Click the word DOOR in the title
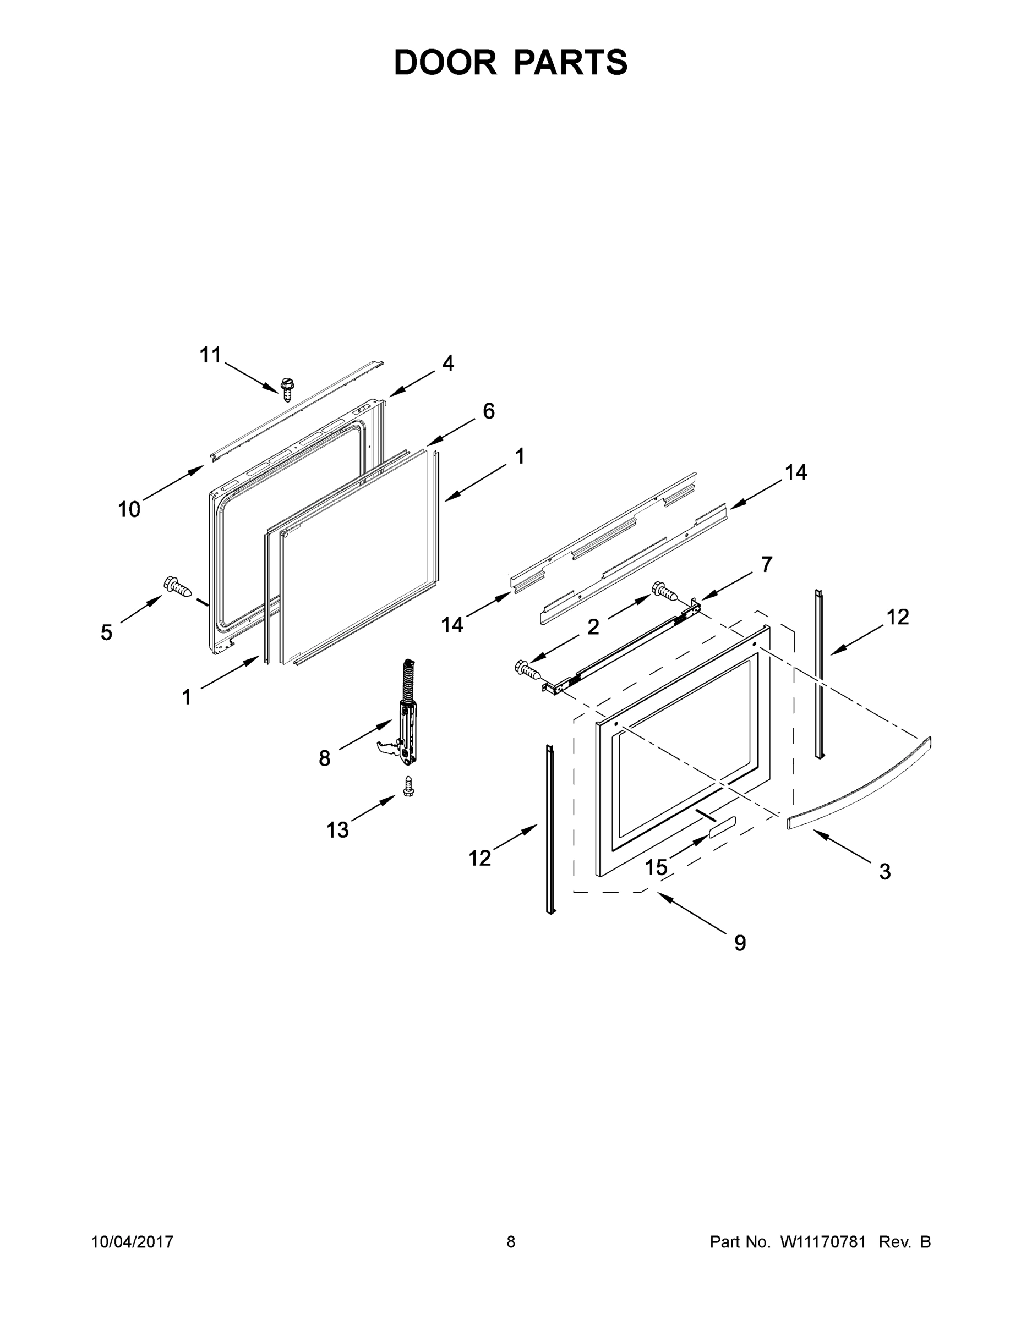445,62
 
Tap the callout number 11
210,355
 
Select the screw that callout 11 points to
287,389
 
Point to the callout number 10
129,509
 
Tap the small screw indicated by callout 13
409,786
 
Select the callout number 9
740,943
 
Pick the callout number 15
656,867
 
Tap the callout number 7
766,564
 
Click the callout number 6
489,411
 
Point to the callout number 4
447,362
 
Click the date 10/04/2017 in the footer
133,1241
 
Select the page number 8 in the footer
511,1241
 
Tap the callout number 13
337,830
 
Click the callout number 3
884,872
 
